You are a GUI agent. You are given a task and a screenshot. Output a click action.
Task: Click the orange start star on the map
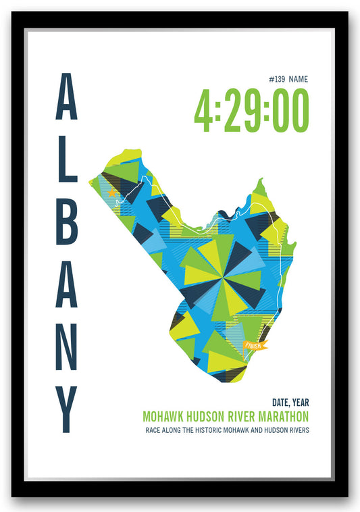[111, 193]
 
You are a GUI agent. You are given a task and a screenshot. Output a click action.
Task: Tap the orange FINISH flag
[255, 345]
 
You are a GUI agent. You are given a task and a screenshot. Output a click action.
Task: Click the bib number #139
[276, 79]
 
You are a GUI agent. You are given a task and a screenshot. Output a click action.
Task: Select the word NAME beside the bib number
[299, 79]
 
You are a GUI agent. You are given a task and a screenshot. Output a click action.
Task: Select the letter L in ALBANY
[66, 161]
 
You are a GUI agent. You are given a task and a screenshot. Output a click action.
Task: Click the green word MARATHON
[279, 417]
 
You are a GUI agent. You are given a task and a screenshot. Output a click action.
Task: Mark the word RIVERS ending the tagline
[298, 430]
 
